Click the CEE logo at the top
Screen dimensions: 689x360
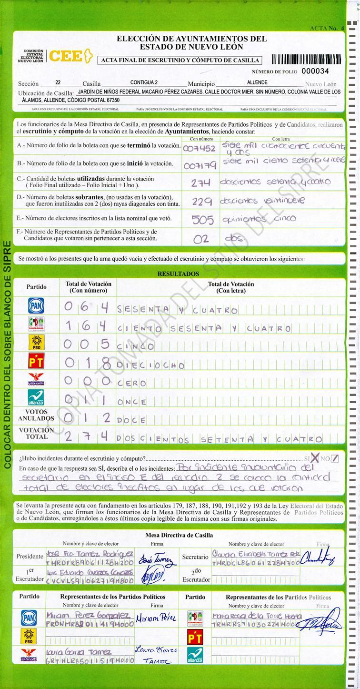pyautogui.click(x=69, y=56)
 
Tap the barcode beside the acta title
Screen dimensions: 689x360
pyautogui.click(x=306, y=60)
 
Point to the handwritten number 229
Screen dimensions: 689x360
pyautogui.click(x=202, y=202)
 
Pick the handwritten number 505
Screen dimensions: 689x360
pyautogui.click(x=202, y=220)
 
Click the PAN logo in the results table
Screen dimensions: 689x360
pyautogui.click(x=36, y=306)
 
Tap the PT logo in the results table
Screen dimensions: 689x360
pyautogui.click(x=36, y=362)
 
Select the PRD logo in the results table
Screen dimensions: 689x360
pyautogui.click(x=36, y=343)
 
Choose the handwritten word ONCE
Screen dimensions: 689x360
pyautogui.click(x=131, y=402)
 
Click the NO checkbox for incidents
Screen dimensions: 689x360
pyautogui.click(x=335, y=458)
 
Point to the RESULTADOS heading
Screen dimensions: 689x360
pyautogui.click(x=179, y=274)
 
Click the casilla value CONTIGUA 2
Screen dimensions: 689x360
pyautogui.click(x=144, y=82)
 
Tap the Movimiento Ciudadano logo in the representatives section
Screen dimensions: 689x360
pyautogui.click(x=29, y=655)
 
